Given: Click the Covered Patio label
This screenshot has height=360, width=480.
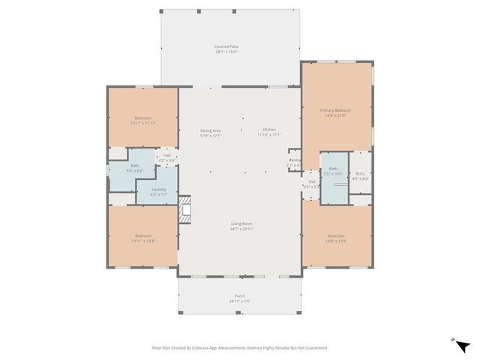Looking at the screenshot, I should (x=227, y=46).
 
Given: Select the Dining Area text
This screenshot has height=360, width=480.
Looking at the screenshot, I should (x=210, y=130).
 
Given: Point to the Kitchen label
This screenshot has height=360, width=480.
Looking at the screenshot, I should (x=268, y=130).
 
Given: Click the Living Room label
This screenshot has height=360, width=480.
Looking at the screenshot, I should (x=241, y=223).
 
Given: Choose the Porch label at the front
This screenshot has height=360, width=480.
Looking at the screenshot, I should (x=240, y=295).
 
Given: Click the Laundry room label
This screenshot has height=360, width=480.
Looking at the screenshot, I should (x=158, y=189).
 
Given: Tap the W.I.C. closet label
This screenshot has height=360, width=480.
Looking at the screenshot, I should (x=361, y=173).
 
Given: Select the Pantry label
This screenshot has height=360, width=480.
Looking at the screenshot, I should (x=295, y=160).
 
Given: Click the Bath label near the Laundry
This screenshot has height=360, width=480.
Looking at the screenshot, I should (x=135, y=166).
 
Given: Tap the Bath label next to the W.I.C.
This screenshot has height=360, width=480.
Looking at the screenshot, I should (x=333, y=169).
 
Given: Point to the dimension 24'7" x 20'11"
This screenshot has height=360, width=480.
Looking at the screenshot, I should (x=241, y=228).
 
